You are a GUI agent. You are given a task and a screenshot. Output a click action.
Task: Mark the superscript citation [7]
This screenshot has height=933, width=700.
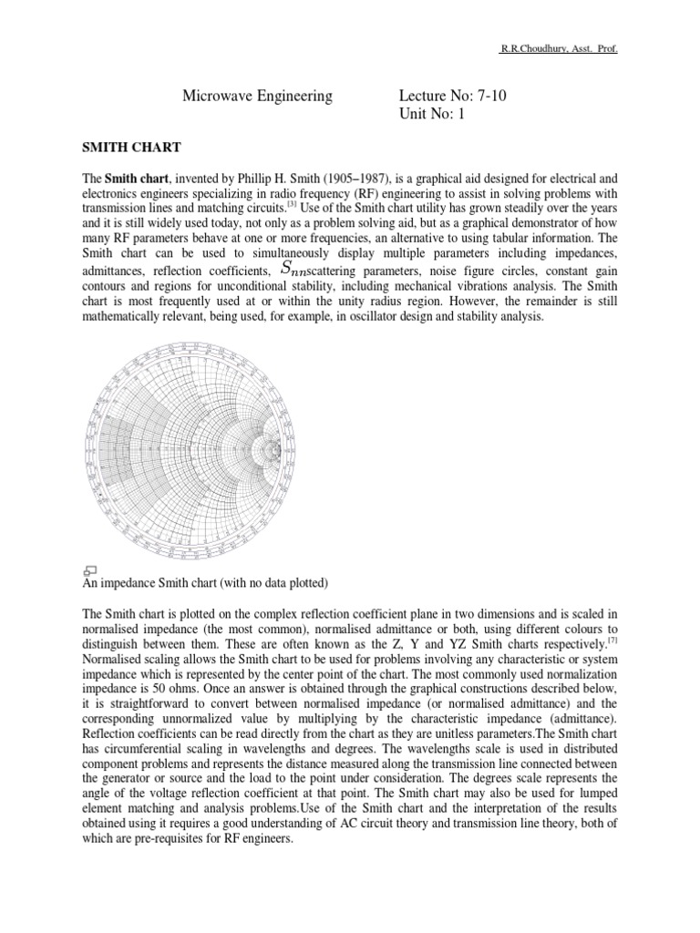tap(613, 641)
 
